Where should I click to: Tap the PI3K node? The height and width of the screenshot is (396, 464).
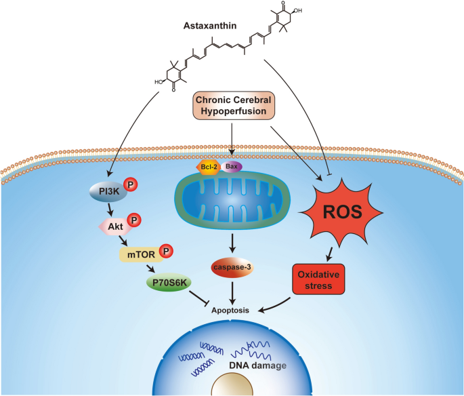[106, 192]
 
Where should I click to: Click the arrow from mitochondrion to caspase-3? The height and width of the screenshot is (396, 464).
[232, 241]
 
